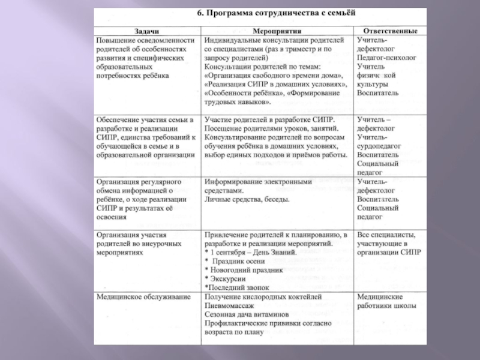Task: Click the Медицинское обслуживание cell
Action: pos(144,297)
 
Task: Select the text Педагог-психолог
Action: pos(386,59)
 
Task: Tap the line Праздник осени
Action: pos(237,262)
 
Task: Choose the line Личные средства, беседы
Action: pos(247,199)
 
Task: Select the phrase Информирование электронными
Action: pos(259,181)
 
